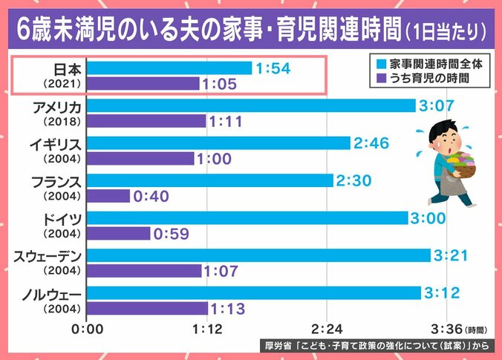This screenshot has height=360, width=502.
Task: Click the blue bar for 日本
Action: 169,68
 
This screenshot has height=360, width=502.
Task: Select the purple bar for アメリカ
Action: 146,120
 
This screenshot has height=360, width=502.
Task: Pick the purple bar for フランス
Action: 108,195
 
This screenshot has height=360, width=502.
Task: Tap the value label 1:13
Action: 230,308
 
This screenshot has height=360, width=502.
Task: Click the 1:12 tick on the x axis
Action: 207,327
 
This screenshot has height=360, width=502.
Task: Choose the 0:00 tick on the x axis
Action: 88,327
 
